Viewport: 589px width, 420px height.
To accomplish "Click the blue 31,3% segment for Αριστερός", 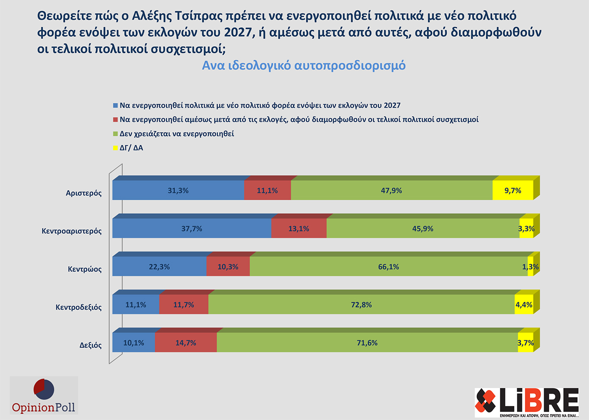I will coord(178,191).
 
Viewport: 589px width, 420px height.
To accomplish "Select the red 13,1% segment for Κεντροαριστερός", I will coord(299,229).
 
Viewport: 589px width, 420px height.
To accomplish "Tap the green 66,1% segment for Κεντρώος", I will coord(389,267).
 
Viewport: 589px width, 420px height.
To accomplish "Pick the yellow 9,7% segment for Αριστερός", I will coord(513,191).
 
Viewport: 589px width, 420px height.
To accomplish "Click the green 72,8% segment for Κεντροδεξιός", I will coord(361,305).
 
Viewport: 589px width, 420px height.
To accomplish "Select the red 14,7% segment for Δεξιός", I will coord(186,343).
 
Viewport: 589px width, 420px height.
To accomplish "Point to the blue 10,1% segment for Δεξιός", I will coord(133,343).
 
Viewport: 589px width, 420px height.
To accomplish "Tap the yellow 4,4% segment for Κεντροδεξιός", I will coord(524,305).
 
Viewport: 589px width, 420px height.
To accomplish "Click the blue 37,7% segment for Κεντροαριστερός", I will coord(192,229).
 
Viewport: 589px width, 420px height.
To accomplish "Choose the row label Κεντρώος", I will coord(85,269).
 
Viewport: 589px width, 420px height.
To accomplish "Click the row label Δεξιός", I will coord(91,345).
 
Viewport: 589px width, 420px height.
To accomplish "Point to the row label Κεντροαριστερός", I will coord(72,231).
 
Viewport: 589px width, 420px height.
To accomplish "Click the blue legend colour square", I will coord(115,105).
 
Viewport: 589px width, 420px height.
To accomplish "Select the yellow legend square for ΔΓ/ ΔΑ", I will coord(115,148).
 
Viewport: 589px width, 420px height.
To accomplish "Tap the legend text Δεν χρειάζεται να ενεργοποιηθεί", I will coord(177,134).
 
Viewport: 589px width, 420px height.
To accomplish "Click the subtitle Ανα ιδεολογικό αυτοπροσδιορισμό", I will coord(304,66).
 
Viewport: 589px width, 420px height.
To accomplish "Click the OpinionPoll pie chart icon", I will coord(44,389).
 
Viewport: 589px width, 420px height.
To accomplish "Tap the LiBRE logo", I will coord(527,401).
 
